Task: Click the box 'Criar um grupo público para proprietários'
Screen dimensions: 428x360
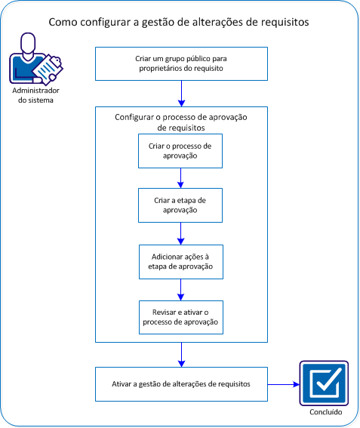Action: [180, 63]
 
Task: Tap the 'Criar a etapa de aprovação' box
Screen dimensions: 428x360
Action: [180, 205]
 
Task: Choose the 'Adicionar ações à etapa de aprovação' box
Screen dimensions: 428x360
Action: [180, 261]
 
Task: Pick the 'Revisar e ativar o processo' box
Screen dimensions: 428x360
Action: [180, 317]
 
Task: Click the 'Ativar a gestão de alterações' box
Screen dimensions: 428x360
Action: [180, 383]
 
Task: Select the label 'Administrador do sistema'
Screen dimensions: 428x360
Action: [32, 95]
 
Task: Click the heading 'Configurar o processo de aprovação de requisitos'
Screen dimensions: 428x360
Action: [180, 123]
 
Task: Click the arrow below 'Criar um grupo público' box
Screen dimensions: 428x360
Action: [181, 92]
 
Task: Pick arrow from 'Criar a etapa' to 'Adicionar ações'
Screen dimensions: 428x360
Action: [181, 232]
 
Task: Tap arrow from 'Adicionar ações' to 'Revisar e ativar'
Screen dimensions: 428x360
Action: [181, 289]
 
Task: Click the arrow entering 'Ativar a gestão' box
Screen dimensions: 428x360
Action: [181, 355]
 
